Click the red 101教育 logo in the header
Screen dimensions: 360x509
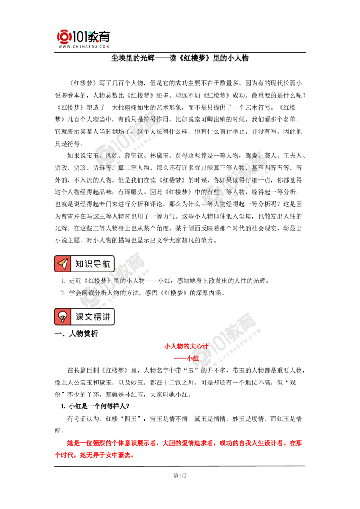pyautogui.click(x=84, y=37)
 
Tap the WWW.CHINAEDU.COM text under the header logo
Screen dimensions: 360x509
pyautogui.click(x=84, y=47)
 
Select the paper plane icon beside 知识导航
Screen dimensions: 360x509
pyautogui.click(x=63, y=263)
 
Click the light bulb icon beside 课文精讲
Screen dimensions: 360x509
pyautogui.click(x=63, y=317)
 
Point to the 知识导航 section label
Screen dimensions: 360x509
pyautogui.click(x=93, y=263)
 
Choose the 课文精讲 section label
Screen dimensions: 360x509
pyautogui.click(x=93, y=317)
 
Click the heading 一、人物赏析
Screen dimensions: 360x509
pyautogui.click(x=76, y=334)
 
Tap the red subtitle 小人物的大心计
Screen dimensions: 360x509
pyautogui.click(x=186, y=346)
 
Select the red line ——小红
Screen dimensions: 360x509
pyautogui.click(x=186, y=358)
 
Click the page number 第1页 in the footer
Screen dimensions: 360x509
pyautogui.click(x=180, y=476)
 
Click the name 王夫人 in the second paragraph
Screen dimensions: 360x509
pyautogui.click(x=292, y=156)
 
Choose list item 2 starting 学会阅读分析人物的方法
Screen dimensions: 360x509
pyautogui.click(x=143, y=293)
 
